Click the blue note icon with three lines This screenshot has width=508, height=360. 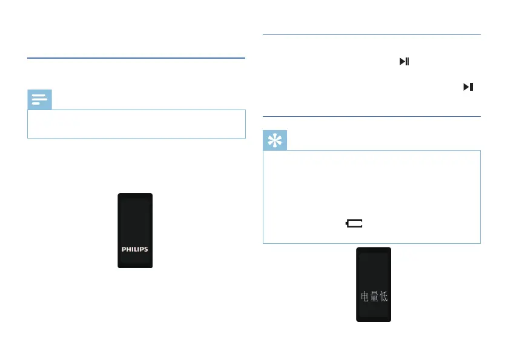coord(39,99)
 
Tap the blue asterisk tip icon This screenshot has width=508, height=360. coord(275,140)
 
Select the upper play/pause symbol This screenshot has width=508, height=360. coord(404,61)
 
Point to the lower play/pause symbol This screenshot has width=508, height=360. coord(467,87)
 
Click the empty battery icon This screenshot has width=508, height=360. coord(354,223)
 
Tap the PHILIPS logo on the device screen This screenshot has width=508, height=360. coord(134,249)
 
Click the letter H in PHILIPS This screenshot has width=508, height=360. coord(129,249)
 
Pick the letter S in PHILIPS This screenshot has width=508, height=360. coord(145,249)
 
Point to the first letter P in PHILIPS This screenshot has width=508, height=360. coord(124,249)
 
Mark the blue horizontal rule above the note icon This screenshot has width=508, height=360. coord(136,59)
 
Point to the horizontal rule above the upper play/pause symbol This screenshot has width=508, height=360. coord(371,35)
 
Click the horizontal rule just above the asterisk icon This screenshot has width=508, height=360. coord(371,116)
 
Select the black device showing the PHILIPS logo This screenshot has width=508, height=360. coord(134,231)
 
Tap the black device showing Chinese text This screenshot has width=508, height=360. coord(373,284)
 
